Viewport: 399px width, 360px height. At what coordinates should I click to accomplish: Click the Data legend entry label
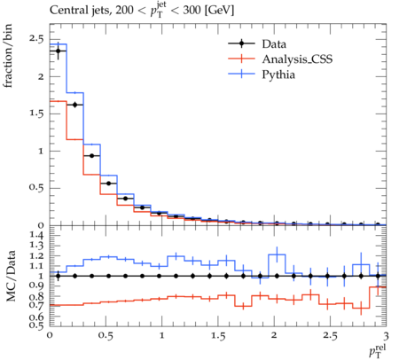pos(274,44)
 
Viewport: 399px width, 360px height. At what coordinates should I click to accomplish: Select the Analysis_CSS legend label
pos(297,59)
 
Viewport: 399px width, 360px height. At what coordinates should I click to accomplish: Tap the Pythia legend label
pos(278,74)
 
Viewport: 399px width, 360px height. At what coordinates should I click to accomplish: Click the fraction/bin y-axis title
pos(8,56)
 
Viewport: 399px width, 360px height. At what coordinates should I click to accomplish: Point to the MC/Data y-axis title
pos(11,276)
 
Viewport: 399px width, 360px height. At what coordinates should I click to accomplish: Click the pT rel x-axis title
pos(378,350)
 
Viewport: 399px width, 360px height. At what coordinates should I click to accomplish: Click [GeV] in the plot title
pos(219,11)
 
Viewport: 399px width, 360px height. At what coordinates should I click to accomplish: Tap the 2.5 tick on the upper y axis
pos(36,39)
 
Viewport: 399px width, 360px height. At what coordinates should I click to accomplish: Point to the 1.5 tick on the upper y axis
pos(36,113)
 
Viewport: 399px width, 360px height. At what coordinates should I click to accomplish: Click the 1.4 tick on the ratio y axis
pos(36,235)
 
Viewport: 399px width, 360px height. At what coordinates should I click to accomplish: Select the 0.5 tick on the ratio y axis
pos(36,325)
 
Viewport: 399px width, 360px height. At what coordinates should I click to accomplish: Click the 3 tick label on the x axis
pos(386,336)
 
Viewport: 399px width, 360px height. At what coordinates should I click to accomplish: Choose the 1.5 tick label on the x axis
pos(218,336)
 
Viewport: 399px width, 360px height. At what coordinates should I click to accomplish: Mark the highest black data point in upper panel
pos(59,51)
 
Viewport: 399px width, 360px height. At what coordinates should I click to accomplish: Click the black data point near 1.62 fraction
pos(74,105)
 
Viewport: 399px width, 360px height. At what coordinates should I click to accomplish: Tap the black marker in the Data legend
pos(241,43)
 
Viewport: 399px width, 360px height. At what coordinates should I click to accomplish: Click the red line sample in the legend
pos(241,59)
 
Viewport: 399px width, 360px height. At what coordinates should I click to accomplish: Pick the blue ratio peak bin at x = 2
pos(277,254)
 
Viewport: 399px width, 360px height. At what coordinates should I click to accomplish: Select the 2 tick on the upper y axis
pos(41,76)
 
